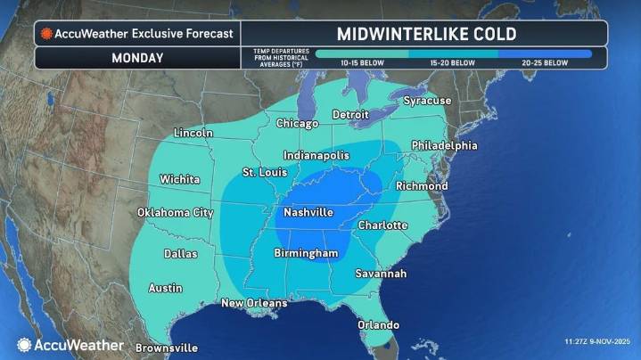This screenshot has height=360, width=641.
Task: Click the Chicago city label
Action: (x=297, y=123)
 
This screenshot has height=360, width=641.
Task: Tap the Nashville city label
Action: (x=308, y=213)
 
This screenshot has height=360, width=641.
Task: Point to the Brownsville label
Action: (x=167, y=348)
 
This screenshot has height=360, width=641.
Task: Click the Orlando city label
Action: (x=379, y=324)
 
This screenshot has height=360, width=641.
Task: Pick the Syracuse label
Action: (x=427, y=101)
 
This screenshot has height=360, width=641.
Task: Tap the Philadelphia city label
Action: (x=444, y=145)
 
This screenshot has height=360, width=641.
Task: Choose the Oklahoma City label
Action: (x=176, y=213)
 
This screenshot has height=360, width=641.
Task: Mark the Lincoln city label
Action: (x=193, y=133)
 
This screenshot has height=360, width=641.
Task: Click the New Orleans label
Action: (x=254, y=303)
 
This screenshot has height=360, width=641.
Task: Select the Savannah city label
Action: (x=381, y=274)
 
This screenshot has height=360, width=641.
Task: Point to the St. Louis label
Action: (x=264, y=172)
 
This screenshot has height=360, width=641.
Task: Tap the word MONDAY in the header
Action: (x=137, y=58)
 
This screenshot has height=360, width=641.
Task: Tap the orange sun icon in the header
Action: (x=46, y=34)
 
